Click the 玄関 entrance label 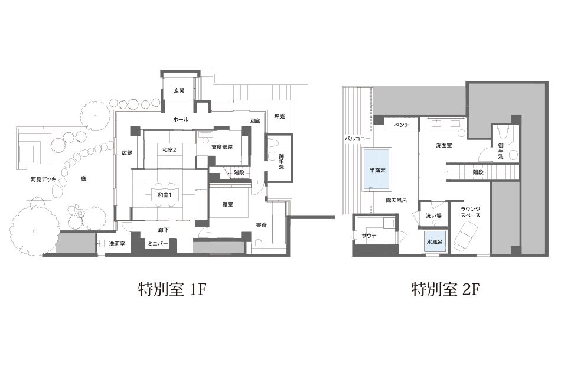[x=179, y=90]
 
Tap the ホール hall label [x=181, y=119]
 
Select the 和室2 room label [x=169, y=150]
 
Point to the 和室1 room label [x=165, y=195]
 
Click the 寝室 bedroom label [x=227, y=204]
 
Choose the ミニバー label [x=158, y=244]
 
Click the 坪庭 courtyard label [x=280, y=116]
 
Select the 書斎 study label [x=261, y=225]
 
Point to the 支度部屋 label [x=222, y=146]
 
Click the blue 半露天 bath [x=377, y=169]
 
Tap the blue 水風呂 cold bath [x=435, y=242]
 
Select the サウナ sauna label [x=369, y=236]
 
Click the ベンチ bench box [x=402, y=125]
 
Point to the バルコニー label [x=357, y=139]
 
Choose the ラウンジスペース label [x=470, y=212]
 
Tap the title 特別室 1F [x=172, y=289]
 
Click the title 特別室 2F [x=445, y=289]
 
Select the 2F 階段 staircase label [x=478, y=172]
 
